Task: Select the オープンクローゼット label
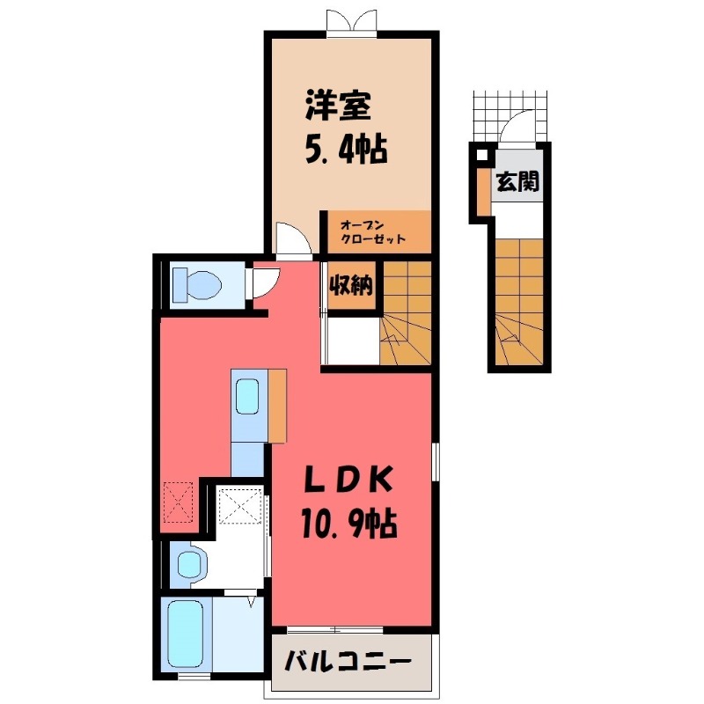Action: pyautogui.click(x=373, y=231)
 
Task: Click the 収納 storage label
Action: pyautogui.click(x=351, y=285)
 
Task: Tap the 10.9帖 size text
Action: pyautogui.click(x=349, y=525)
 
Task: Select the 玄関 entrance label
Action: pyautogui.click(x=516, y=183)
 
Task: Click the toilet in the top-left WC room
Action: pyautogui.click(x=194, y=284)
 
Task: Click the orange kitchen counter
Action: pyautogui.click(x=277, y=406)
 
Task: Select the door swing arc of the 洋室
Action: pyautogui.click(x=290, y=238)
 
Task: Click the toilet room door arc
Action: pyautogui.click(x=262, y=282)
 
